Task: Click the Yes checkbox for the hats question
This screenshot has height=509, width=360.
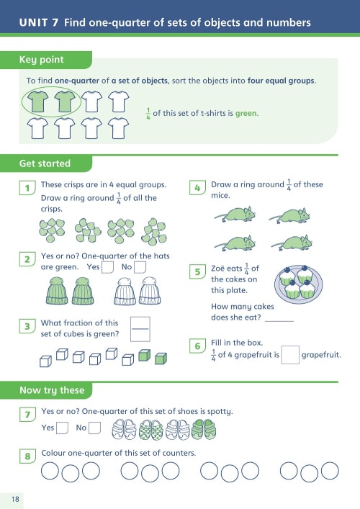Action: [107, 267]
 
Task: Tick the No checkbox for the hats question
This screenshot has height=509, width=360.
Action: [140, 267]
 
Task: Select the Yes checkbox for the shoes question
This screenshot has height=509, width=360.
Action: [62, 428]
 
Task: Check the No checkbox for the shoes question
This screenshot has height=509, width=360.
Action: [94, 428]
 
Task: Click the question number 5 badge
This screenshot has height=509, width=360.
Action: [197, 271]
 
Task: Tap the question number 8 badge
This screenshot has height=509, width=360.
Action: [27, 456]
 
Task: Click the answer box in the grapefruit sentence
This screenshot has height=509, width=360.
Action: [290, 355]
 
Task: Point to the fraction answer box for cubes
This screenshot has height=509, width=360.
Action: [140, 329]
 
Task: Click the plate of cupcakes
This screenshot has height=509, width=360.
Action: [298, 284]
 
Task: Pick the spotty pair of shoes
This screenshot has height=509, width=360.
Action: [151, 430]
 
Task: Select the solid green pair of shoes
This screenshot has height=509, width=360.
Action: [204, 429]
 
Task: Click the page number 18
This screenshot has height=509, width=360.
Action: [15, 499]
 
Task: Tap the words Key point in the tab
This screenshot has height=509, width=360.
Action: [42, 60]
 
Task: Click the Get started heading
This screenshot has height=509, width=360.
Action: [45, 163]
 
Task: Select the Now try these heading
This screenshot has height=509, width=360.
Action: [52, 390]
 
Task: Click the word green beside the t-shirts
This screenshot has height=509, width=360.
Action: [246, 113]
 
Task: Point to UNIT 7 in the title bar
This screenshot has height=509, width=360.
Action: [39, 22]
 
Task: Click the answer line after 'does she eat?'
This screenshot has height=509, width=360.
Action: [279, 321]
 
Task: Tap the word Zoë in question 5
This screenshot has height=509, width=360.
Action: [218, 269]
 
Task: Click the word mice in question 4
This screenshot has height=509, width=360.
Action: [220, 195]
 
